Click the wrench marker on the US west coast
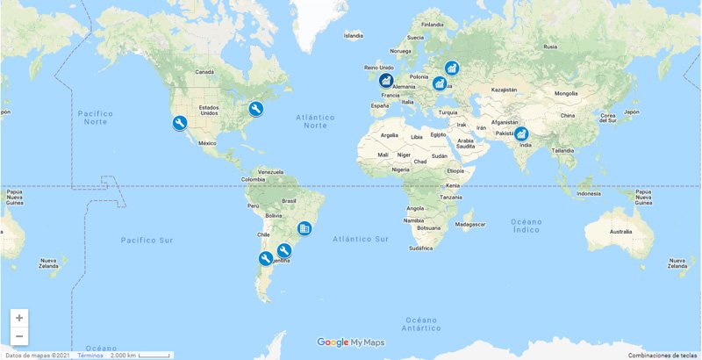tap(179, 123)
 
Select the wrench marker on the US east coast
tap(256, 109)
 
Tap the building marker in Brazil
tap(304, 228)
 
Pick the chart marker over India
tap(521, 134)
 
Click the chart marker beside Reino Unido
tap(386, 81)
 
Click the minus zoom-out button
tap(19, 336)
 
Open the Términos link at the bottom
tap(90, 355)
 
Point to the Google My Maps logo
tap(351, 342)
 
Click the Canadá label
tap(204, 71)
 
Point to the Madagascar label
tap(469, 224)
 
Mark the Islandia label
tap(353, 36)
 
